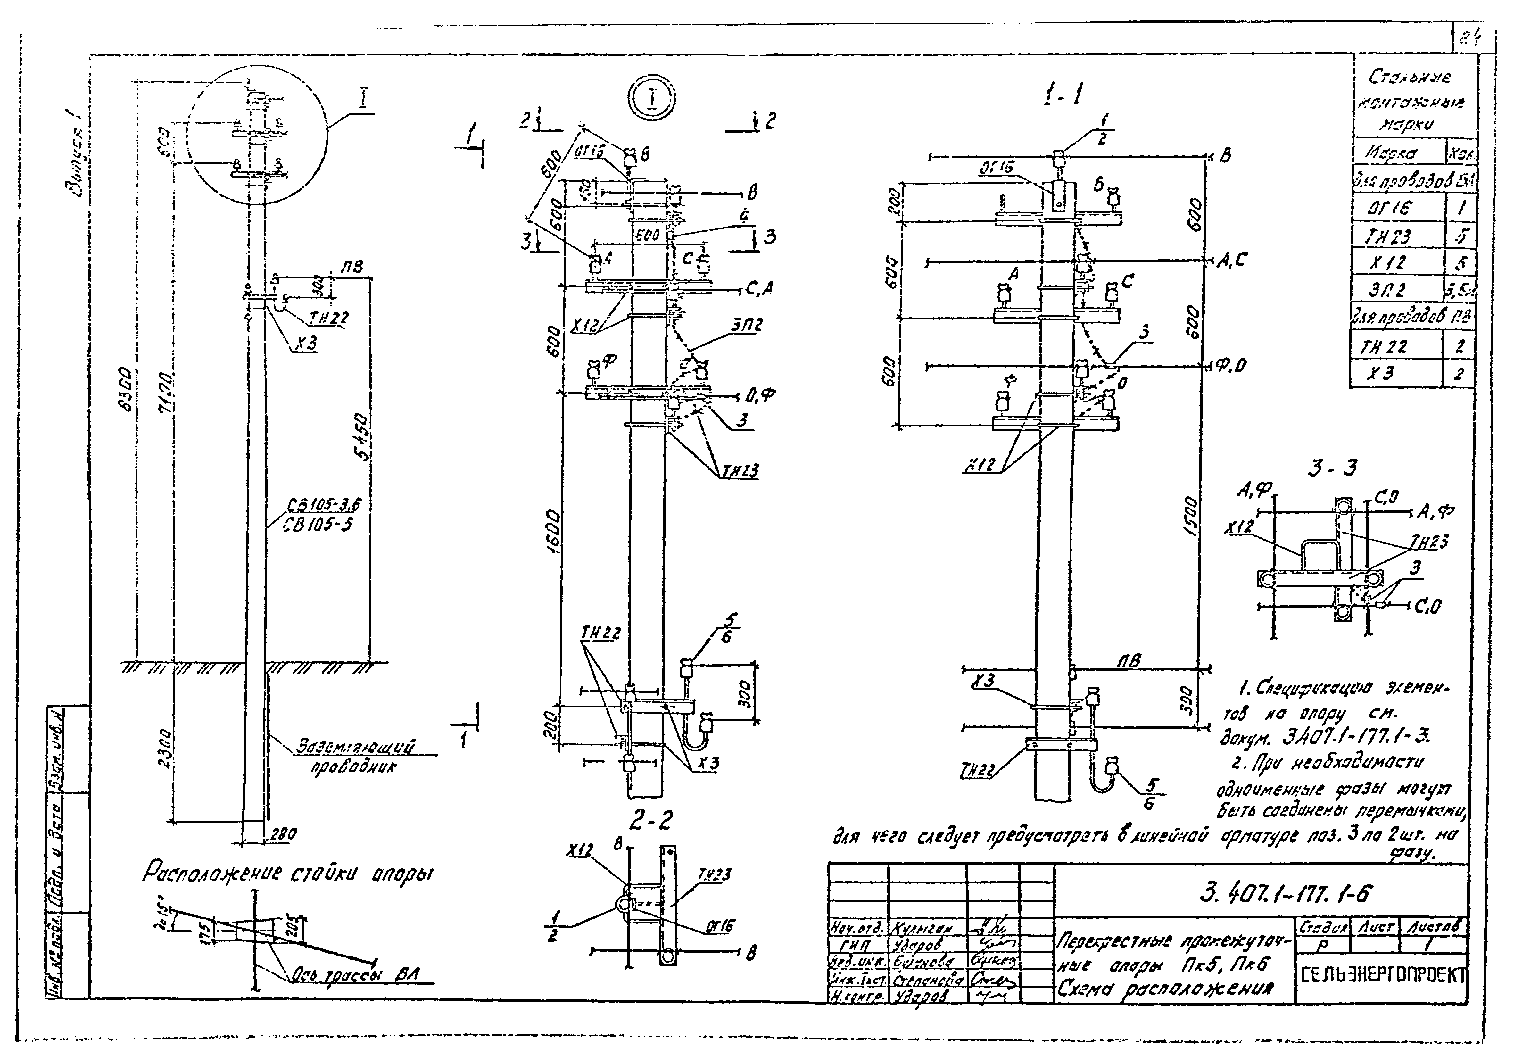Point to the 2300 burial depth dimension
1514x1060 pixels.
[166, 750]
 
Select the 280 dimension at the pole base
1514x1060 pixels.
[284, 834]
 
